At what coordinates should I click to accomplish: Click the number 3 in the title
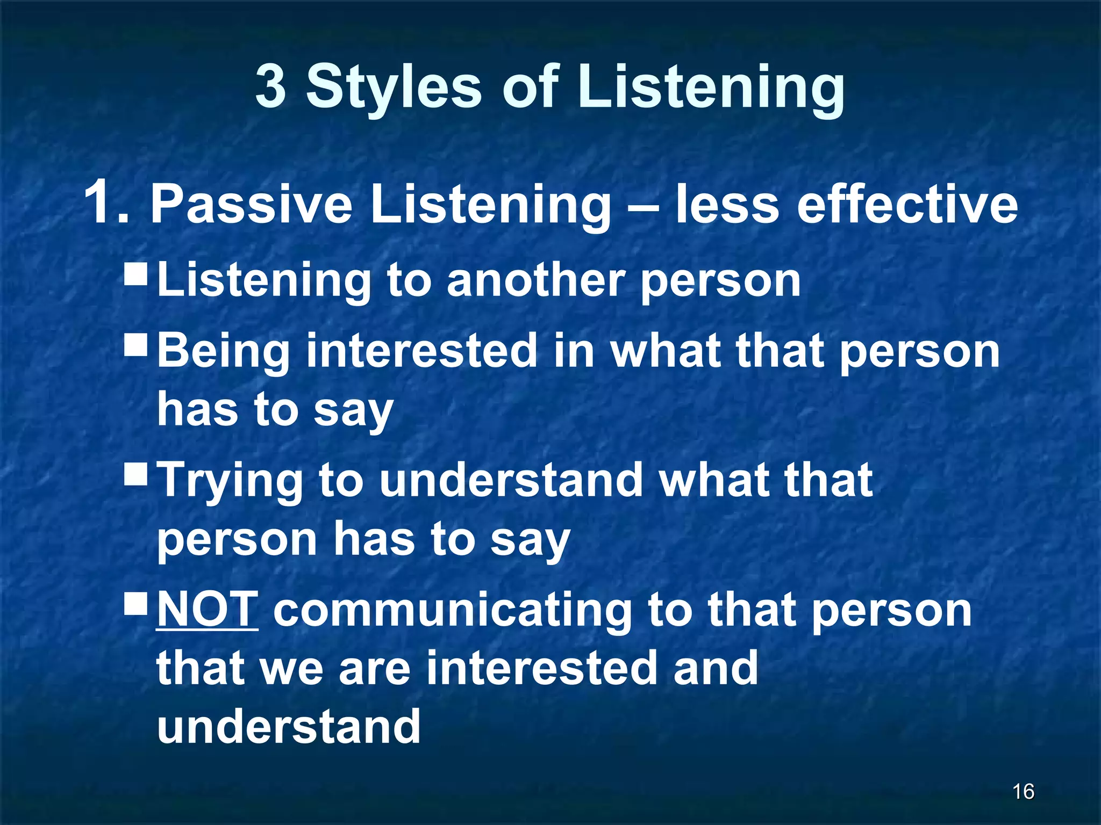click(270, 86)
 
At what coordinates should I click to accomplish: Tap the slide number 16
click(1023, 791)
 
